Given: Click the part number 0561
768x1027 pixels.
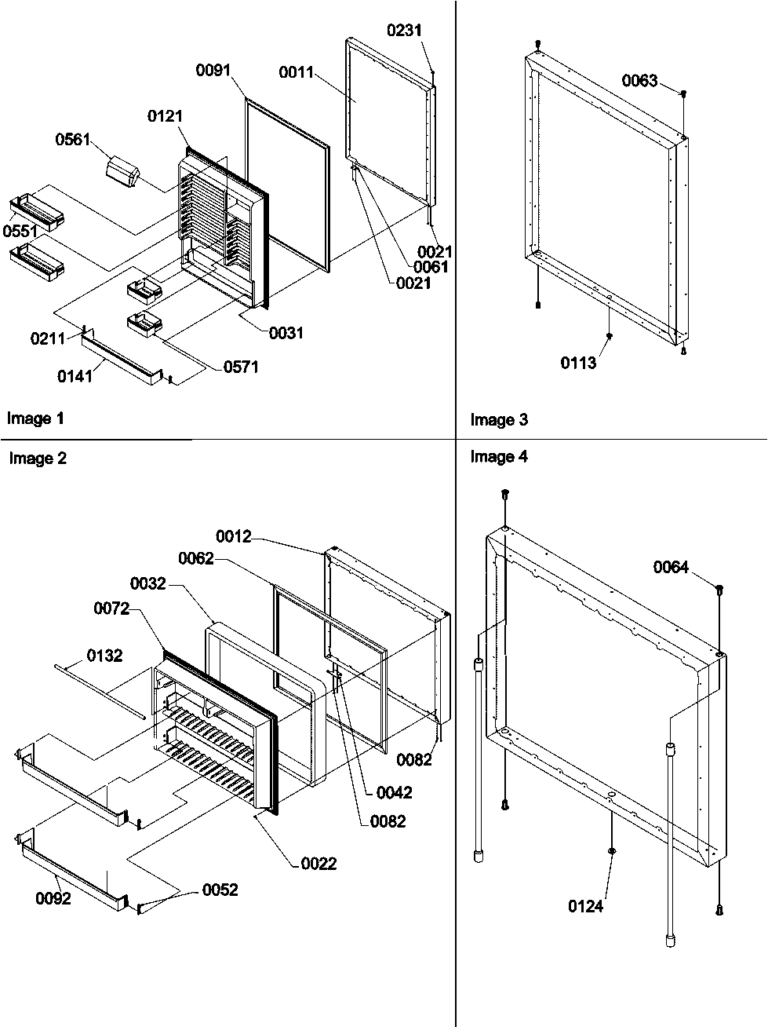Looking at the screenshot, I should pyautogui.click(x=72, y=140).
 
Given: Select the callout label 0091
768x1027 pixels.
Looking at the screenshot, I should pyautogui.click(x=213, y=71).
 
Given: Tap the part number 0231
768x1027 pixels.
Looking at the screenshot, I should pyautogui.click(x=404, y=31).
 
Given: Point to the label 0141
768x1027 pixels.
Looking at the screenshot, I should pyautogui.click(x=75, y=375).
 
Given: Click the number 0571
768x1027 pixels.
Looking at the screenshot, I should pyautogui.click(x=241, y=367).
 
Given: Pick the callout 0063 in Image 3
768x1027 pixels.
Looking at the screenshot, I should pyautogui.click(x=639, y=81).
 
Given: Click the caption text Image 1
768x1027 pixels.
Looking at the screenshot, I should pyautogui.click(x=35, y=418).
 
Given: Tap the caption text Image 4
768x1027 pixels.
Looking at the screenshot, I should pyautogui.click(x=499, y=457).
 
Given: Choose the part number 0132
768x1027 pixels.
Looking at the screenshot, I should pyautogui.click(x=104, y=656).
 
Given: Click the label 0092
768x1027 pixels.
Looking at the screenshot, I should pyautogui.click(x=53, y=898).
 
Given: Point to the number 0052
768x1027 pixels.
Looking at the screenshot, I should pyautogui.click(x=220, y=890).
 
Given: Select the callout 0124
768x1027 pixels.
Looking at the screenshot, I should pyautogui.click(x=586, y=907).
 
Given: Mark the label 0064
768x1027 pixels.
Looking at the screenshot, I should pyautogui.click(x=671, y=567).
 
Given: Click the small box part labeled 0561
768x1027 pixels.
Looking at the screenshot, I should pyautogui.click(x=122, y=172).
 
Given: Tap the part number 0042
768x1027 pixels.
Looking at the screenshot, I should pyautogui.click(x=394, y=792).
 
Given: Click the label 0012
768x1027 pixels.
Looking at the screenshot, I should pyautogui.click(x=235, y=537).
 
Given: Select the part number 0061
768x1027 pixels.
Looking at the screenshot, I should pyautogui.click(x=431, y=267).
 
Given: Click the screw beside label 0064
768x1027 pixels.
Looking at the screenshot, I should pyautogui.click(x=719, y=589).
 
